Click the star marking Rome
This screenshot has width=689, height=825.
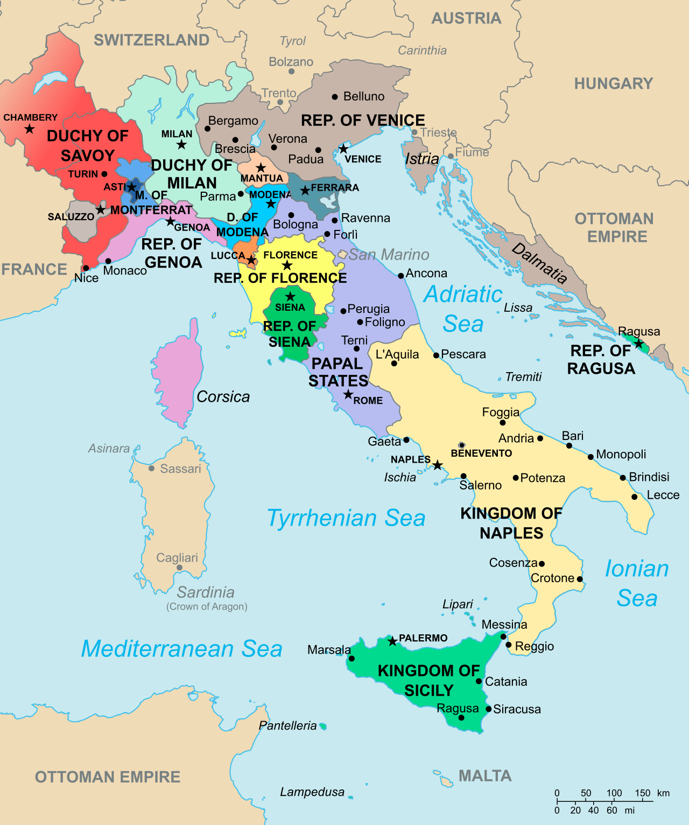tap(348, 395)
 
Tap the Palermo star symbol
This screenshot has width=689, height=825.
tap(392, 641)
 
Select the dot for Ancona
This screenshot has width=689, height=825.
tap(400, 276)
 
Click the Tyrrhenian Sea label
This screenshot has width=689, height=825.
tap(346, 518)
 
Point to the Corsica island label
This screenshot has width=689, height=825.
tap(223, 397)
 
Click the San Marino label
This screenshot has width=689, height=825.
tap(389, 255)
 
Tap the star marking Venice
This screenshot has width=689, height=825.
tap(343, 149)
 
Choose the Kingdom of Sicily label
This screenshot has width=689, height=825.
tap(428, 680)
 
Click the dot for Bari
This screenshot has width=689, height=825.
tap(569, 445)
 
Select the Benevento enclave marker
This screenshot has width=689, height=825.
tap(461, 445)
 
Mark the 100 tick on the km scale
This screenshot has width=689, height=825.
tap(614, 801)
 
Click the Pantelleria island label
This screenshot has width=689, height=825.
tap(287, 726)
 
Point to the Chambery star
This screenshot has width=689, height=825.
tap(30, 129)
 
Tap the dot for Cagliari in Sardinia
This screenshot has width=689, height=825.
tap(179, 568)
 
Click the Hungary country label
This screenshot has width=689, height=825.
tap(613, 83)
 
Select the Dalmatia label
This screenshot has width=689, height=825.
tap(539, 263)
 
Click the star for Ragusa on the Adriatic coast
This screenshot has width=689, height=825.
tap(638, 344)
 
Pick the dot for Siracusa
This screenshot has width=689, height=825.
tap(488, 709)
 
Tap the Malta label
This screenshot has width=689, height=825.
tap(484, 775)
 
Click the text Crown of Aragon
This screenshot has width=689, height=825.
tap(207, 606)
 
